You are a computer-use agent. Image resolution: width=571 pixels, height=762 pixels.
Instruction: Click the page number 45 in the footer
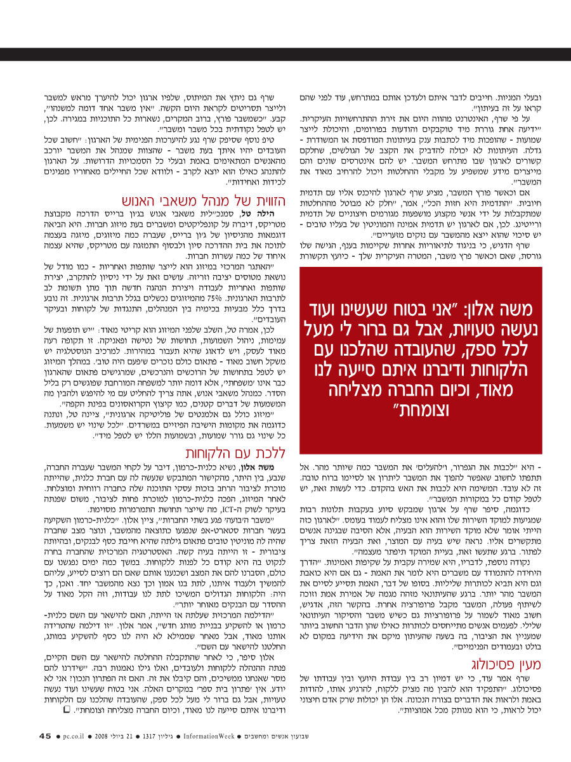(44, 736)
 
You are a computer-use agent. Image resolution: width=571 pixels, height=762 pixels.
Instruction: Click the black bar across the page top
(285, 54)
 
